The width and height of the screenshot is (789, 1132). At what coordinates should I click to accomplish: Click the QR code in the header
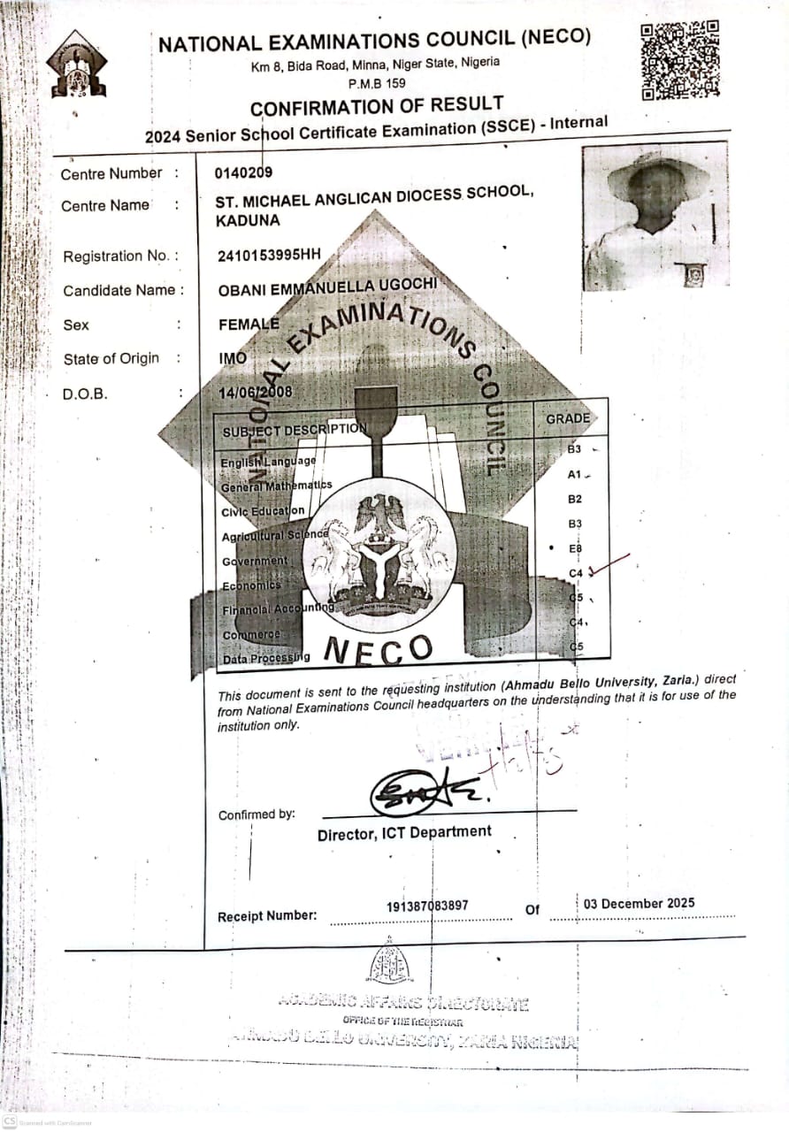pyautogui.click(x=680, y=59)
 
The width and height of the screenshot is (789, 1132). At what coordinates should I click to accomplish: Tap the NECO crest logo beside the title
pyautogui.click(x=77, y=65)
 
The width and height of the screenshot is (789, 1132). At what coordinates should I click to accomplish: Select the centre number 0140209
pyautogui.click(x=243, y=172)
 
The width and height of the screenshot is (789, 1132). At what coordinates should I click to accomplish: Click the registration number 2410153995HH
pyautogui.click(x=269, y=256)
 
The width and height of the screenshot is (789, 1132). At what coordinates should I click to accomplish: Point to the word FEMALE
pyautogui.click(x=249, y=325)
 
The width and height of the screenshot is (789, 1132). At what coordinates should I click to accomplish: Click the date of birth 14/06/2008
pyautogui.click(x=255, y=392)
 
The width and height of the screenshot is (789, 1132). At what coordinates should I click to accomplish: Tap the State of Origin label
pyautogui.click(x=111, y=358)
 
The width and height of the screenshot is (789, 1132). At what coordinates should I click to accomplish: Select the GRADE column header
pyautogui.click(x=567, y=418)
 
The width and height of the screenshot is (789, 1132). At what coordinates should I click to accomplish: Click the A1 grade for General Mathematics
pyautogui.click(x=574, y=475)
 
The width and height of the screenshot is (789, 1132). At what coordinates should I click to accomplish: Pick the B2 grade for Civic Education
pyautogui.click(x=575, y=500)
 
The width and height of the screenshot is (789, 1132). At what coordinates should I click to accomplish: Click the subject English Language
pyautogui.click(x=267, y=461)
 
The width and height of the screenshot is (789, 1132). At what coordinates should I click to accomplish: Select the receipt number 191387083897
pyautogui.click(x=427, y=906)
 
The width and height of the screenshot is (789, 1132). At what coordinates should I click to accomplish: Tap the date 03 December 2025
pyautogui.click(x=639, y=904)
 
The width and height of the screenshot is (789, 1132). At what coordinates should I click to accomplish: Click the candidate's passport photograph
pyautogui.click(x=655, y=216)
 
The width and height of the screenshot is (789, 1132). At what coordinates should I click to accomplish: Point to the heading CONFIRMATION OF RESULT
pyautogui.click(x=377, y=107)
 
